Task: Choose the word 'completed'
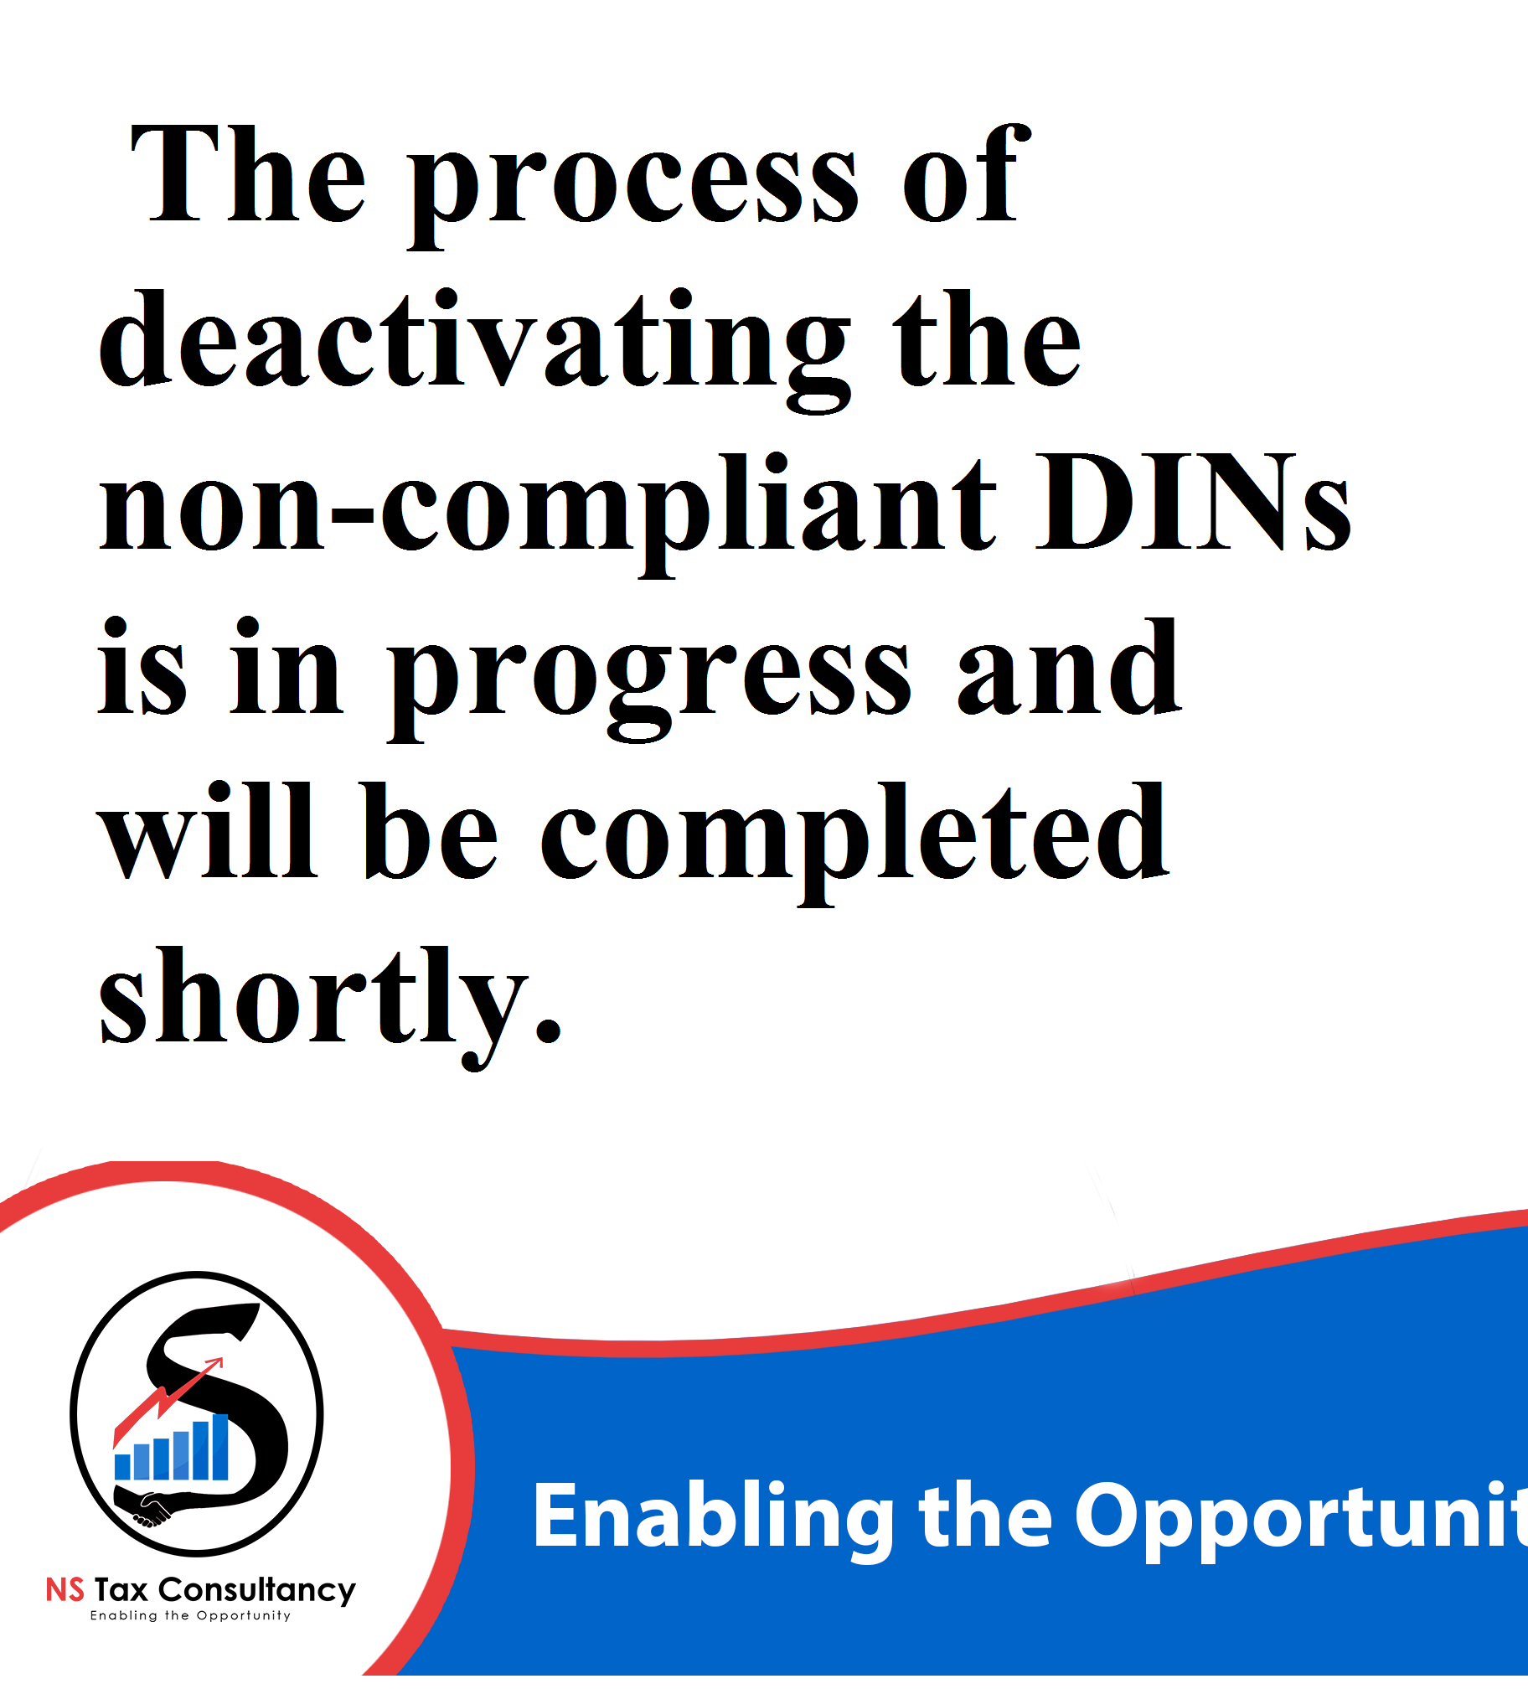854,843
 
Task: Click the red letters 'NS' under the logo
65,1590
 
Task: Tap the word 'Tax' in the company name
121,1590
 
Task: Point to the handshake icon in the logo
151,1509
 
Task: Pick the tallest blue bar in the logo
219,1447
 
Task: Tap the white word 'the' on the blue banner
985,1516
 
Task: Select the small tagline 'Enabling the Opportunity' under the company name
190,1616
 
